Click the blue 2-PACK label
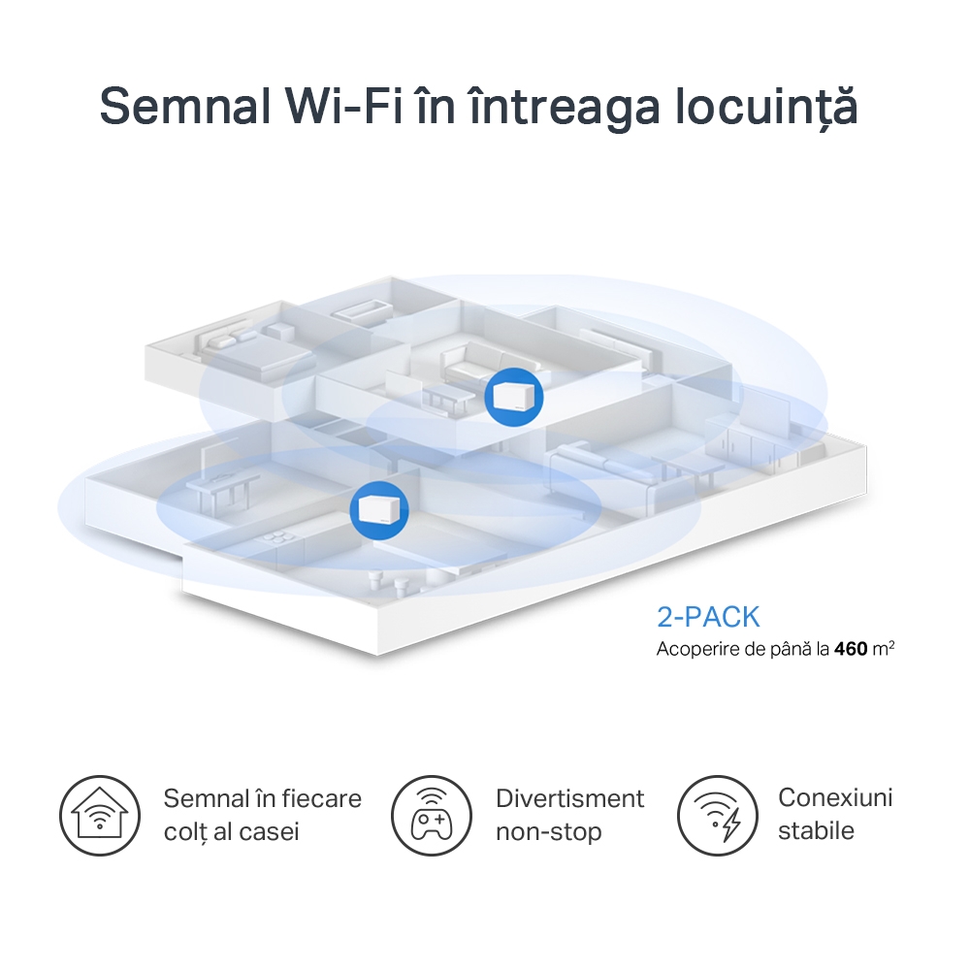(708, 617)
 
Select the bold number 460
(851, 648)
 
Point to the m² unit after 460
(883, 647)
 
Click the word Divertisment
(569, 798)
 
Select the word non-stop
(548, 831)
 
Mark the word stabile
(816, 830)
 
